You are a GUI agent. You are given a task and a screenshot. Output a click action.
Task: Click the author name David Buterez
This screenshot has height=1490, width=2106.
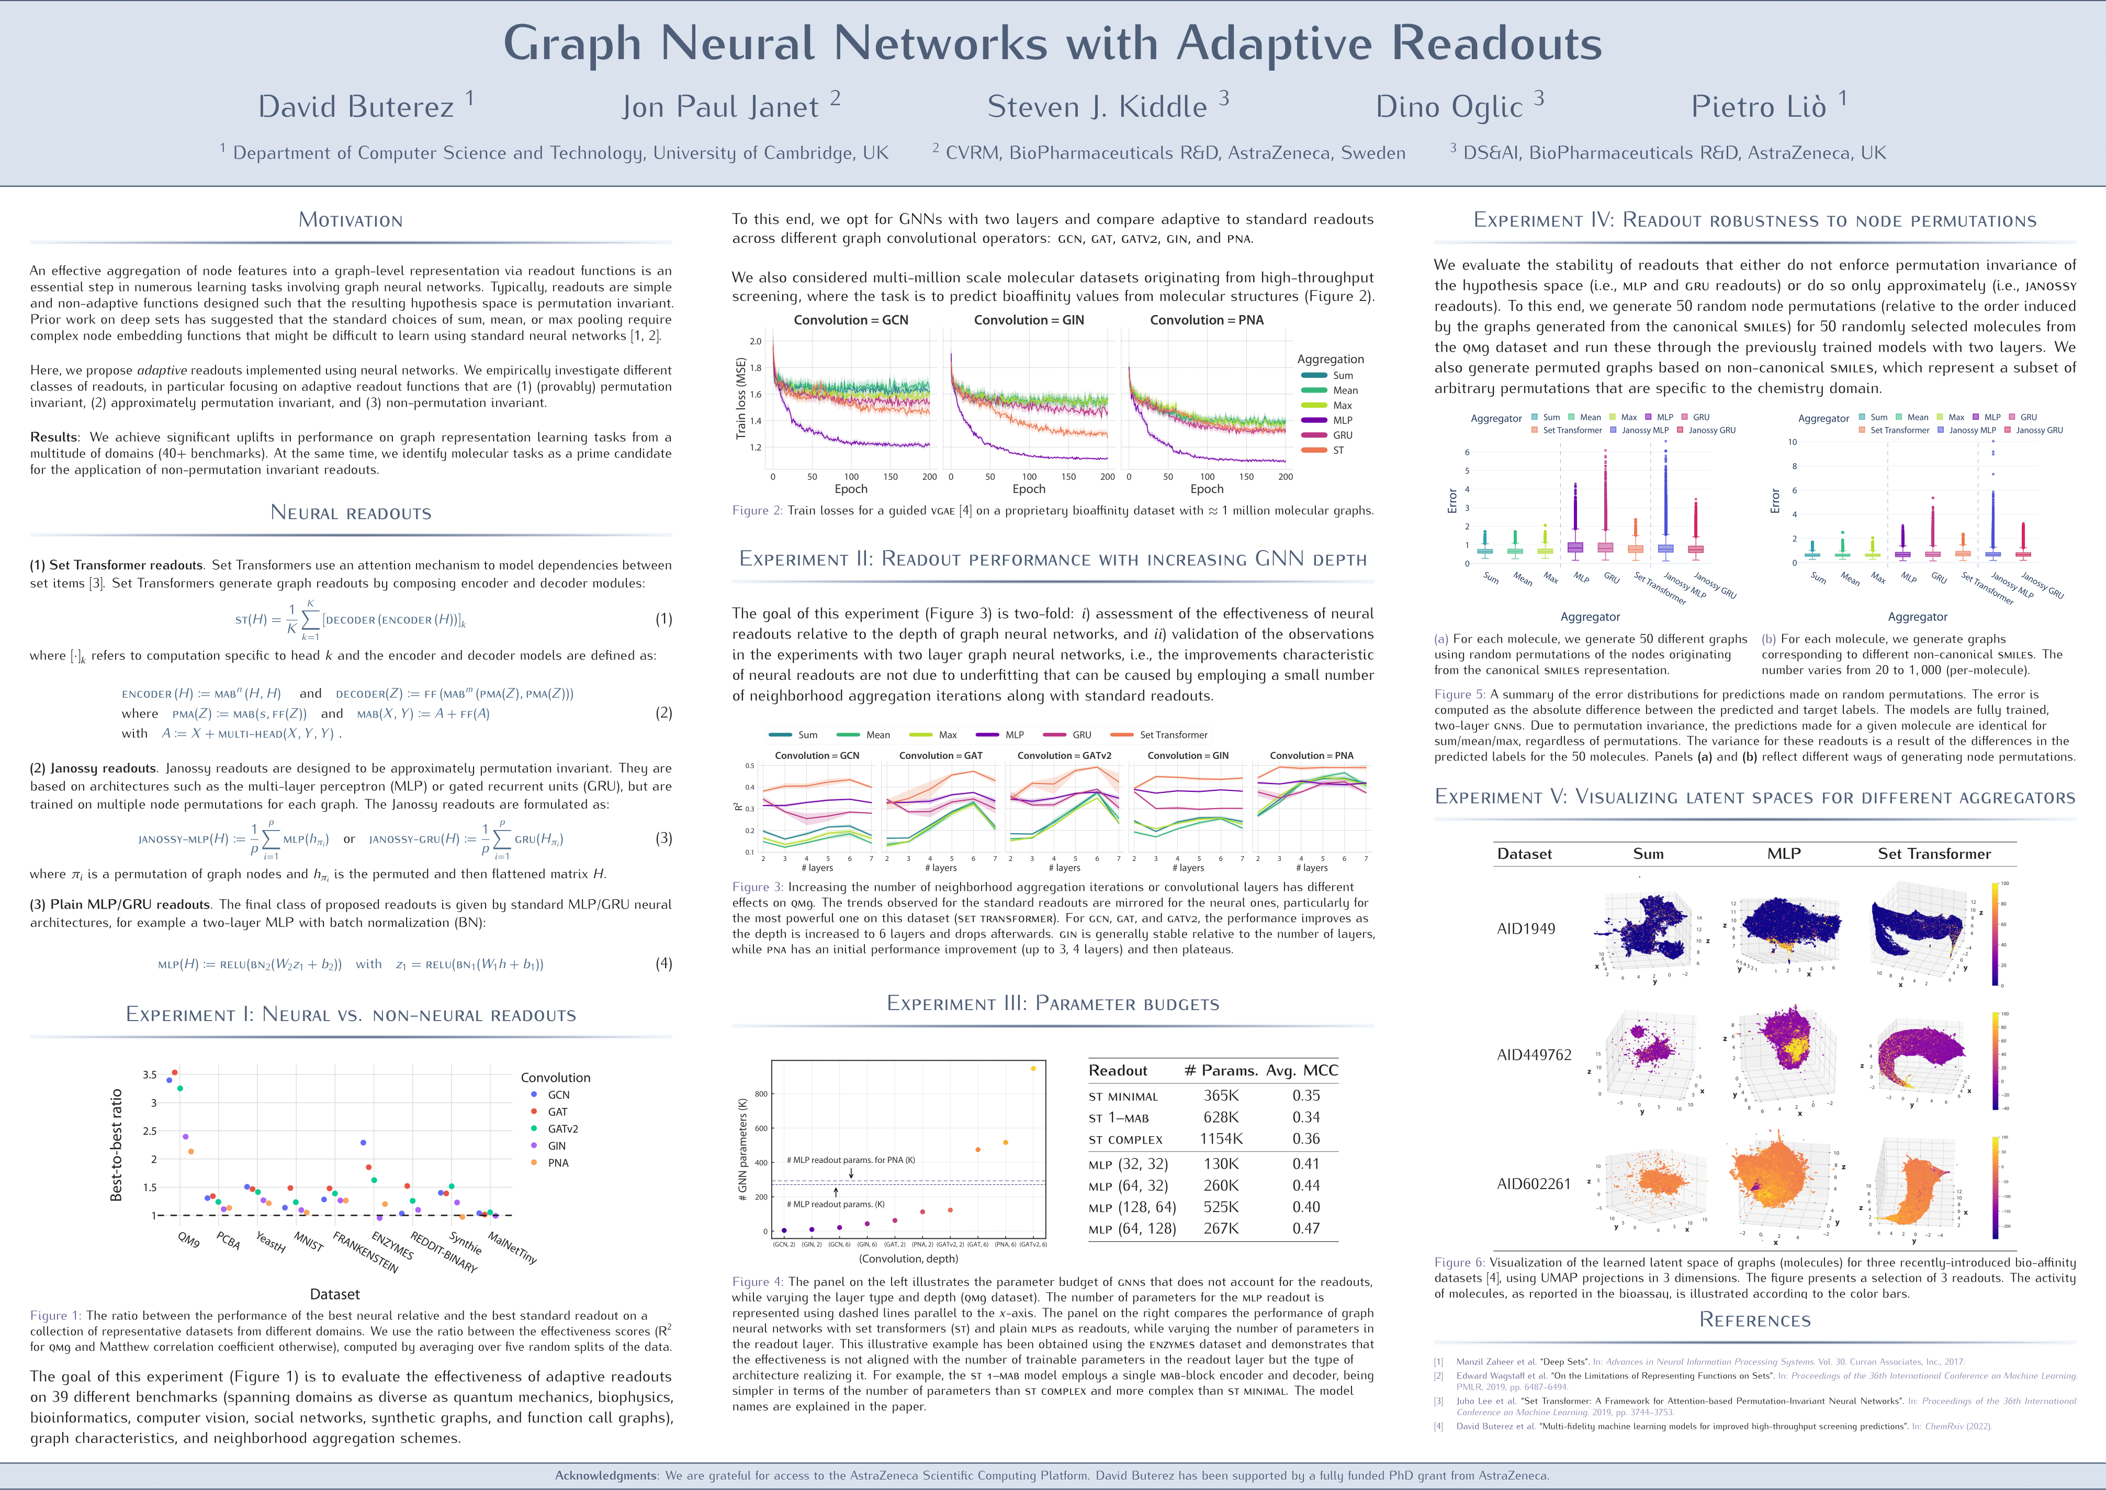[x=356, y=107]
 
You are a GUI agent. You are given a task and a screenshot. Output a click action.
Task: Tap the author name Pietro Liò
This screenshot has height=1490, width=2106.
[x=1759, y=107]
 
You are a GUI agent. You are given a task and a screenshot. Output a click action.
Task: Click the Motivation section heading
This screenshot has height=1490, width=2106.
[x=351, y=220]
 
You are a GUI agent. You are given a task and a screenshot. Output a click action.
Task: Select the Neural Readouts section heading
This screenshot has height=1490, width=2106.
[x=351, y=513]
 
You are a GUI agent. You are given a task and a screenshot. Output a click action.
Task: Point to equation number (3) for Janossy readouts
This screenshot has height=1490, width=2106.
[x=663, y=838]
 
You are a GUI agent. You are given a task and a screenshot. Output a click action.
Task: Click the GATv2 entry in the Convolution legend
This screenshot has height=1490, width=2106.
[x=562, y=1128]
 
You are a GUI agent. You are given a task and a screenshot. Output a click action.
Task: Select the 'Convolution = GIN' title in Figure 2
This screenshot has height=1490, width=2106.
[x=1028, y=320]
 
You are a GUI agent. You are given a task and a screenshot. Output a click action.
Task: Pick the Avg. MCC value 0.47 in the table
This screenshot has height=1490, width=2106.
[x=1305, y=1228]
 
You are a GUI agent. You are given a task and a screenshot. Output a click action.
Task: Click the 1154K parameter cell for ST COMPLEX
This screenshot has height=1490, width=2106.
[x=1221, y=1139]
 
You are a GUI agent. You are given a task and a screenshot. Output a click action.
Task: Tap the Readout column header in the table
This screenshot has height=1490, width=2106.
[x=1117, y=1071]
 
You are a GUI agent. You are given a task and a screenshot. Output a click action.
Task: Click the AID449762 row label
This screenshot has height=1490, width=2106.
[x=1534, y=1055]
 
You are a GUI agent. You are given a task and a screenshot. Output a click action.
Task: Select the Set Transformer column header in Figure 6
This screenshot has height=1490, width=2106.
[x=1933, y=853]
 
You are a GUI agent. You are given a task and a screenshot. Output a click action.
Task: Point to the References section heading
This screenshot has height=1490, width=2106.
[x=1755, y=1320]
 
